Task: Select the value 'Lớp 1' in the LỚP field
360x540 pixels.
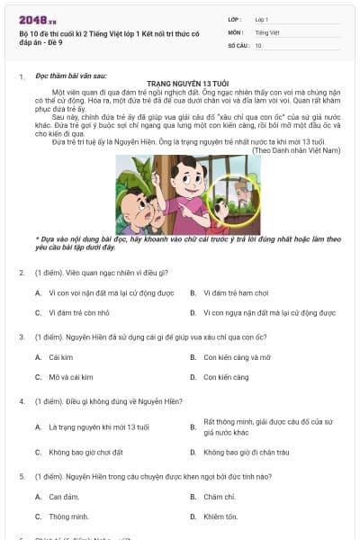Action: coord(262,18)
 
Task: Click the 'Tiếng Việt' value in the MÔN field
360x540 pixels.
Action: coord(266,31)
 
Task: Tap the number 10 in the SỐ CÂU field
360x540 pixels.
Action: coord(259,44)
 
